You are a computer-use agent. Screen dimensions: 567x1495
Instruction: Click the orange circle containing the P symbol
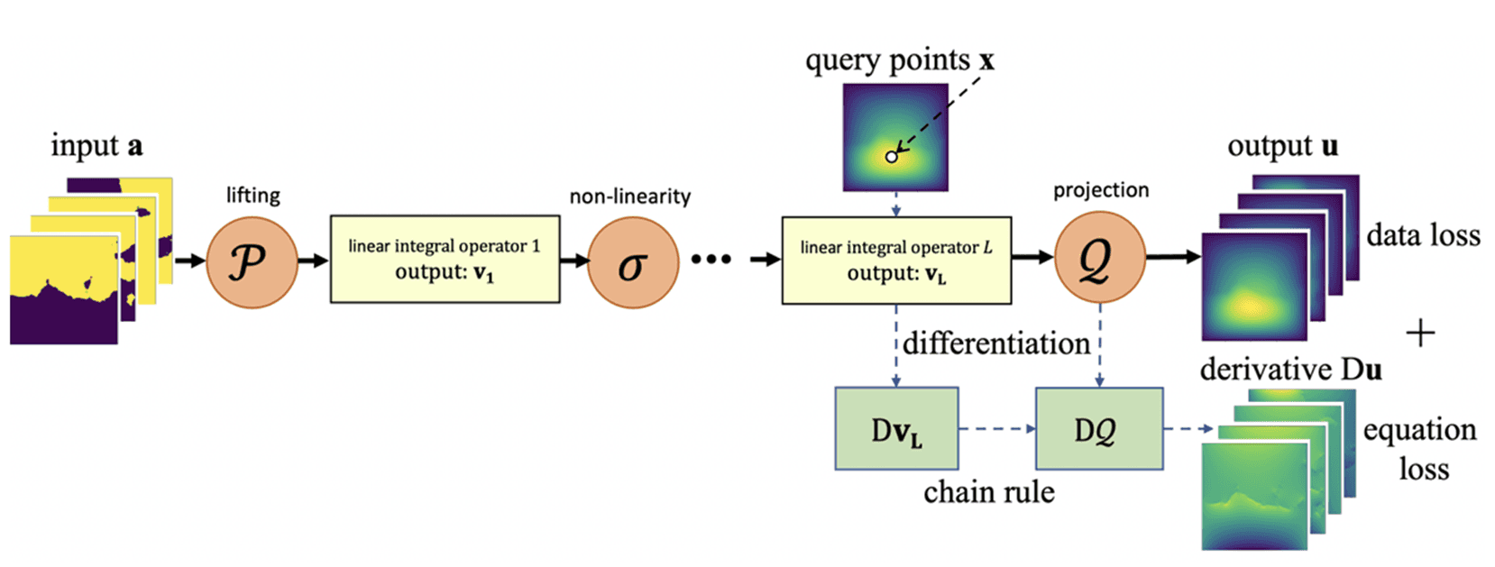252,262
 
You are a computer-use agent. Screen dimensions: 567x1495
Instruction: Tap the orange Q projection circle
1099,258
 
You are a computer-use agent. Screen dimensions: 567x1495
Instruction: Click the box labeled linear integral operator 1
445,259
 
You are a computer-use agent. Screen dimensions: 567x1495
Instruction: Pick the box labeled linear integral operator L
895,260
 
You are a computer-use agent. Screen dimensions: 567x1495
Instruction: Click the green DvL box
896,429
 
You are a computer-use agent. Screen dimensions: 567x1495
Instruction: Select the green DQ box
1098,429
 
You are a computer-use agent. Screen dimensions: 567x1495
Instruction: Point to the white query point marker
891,157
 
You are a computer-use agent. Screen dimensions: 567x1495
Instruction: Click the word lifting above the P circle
252,196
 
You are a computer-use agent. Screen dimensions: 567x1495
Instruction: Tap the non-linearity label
629,197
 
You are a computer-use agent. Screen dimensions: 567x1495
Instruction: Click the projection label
1101,190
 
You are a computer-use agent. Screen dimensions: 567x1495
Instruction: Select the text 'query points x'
899,60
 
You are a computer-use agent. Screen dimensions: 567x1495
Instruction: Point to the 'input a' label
96,145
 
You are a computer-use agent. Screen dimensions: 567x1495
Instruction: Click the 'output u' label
1282,146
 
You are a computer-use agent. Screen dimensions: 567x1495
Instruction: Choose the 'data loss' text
1423,236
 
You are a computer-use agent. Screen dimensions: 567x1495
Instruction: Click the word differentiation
996,343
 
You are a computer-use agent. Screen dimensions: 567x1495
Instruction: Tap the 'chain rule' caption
988,492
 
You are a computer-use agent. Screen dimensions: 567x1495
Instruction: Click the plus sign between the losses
1420,334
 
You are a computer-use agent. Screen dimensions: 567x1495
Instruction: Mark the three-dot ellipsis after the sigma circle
711,260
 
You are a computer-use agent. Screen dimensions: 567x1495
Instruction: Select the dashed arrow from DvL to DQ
996,429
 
